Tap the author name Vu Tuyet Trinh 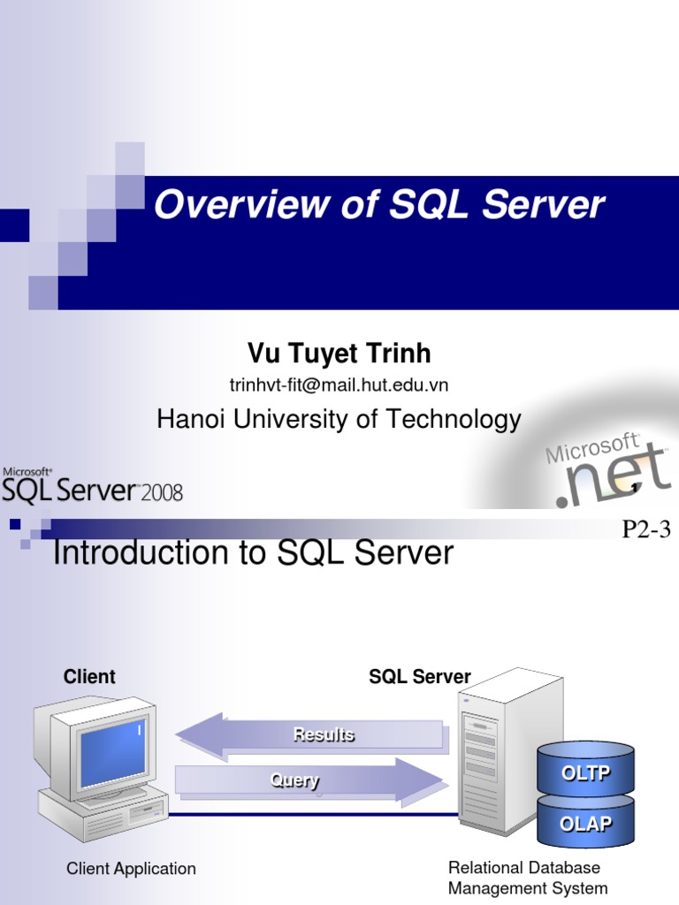click(x=339, y=354)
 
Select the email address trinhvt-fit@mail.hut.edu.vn click(x=339, y=385)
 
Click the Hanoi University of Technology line click(x=339, y=419)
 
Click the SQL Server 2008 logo click(x=92, y=487)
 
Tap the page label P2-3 click(x=647, y=530)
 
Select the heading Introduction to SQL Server click(x=254, y=554)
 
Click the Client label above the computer click(x=89, y=677)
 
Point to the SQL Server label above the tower click(x=420, y=677)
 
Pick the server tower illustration click(x=502, y=751)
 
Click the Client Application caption click(x=131, y=869)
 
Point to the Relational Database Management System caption click(x=528, y=878)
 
